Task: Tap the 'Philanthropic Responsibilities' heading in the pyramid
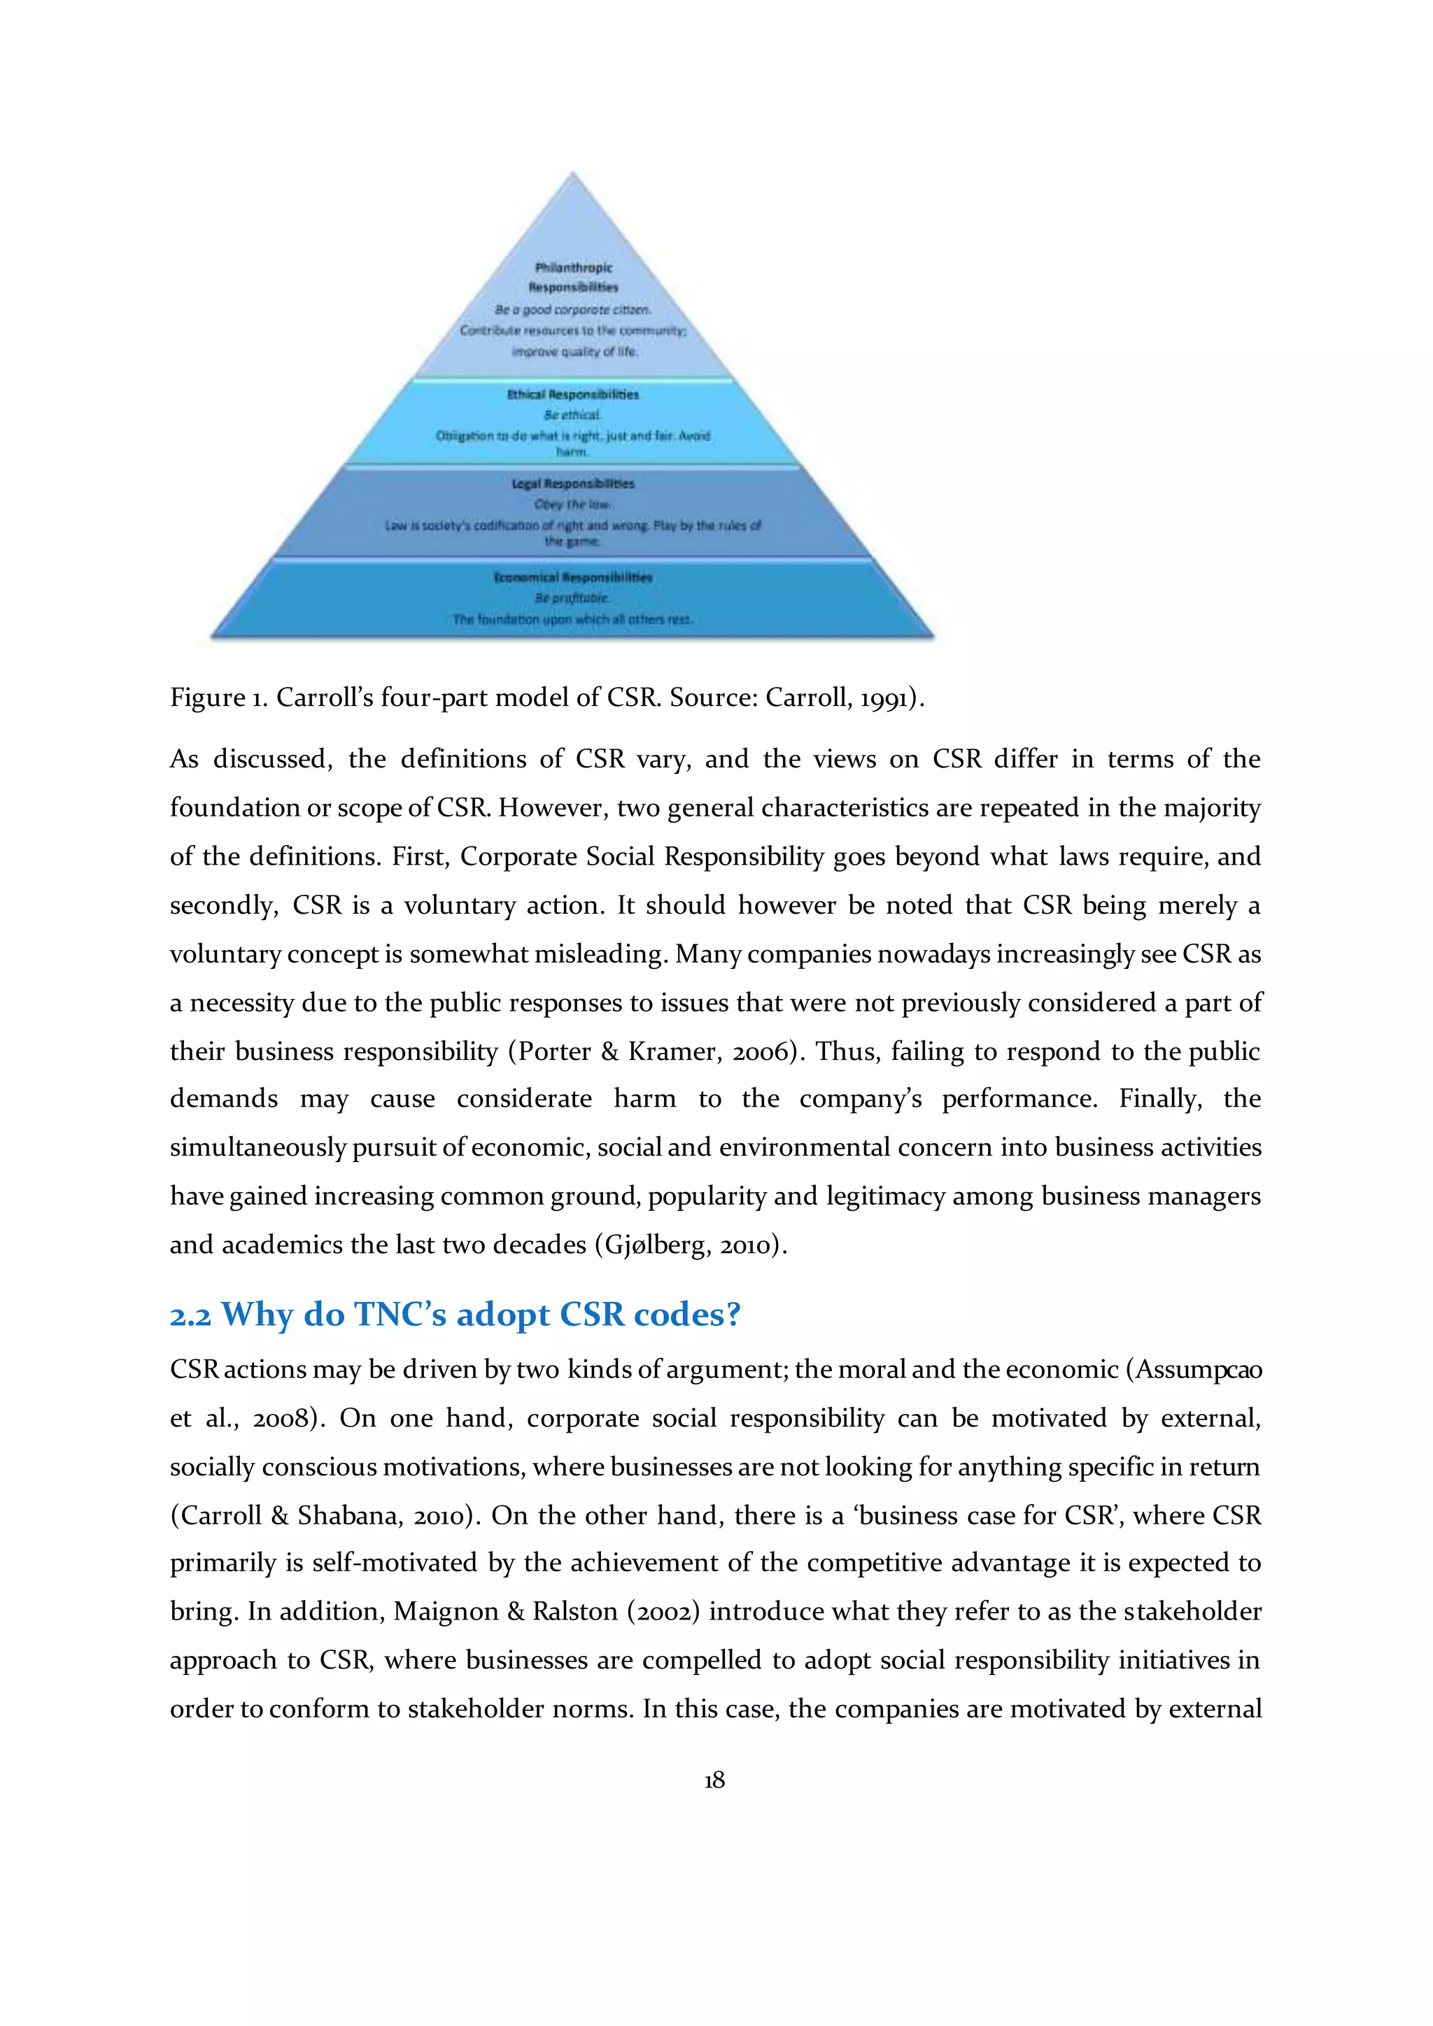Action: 574,276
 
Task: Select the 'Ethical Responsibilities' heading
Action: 572,395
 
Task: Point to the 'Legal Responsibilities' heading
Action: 572,483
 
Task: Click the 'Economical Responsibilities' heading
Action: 572,577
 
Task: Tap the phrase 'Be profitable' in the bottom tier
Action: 572,598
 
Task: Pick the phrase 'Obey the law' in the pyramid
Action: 572,504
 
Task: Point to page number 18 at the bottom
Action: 714,1780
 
